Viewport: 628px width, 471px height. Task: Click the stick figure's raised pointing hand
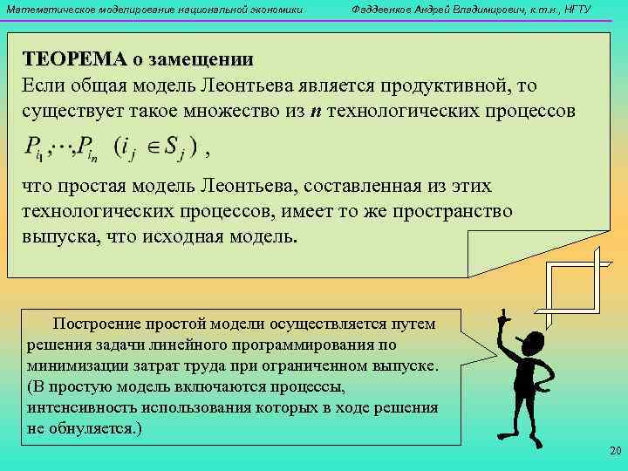[503, 314]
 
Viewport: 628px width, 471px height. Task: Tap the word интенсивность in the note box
[82, 408]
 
